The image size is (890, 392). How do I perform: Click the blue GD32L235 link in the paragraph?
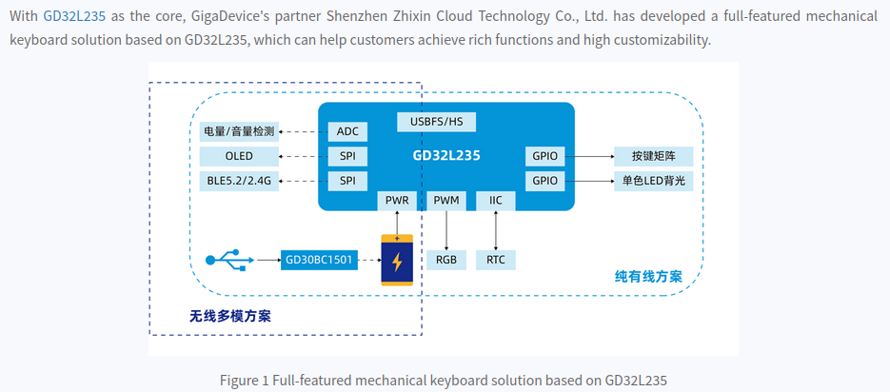point(74,15)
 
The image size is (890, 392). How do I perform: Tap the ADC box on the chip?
point(347,132)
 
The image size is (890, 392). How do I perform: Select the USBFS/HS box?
point(436,122)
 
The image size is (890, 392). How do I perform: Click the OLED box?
point(239,157)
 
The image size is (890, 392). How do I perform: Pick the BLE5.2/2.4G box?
point(239,182)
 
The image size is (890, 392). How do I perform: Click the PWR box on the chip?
point(397,200)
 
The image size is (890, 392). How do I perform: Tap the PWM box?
point(446,200)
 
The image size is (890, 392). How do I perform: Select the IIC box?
point(496,200)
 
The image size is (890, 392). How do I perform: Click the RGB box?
point(446,261)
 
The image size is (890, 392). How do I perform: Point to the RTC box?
point(496,261)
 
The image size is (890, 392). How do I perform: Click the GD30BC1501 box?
point(319,261)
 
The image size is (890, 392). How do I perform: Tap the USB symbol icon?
point(230,260)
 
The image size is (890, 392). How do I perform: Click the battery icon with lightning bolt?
point(397,260)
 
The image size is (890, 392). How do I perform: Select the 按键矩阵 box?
point(653,157)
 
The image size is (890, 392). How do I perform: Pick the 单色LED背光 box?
point(653,182)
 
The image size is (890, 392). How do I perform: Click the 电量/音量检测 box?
point(239,132)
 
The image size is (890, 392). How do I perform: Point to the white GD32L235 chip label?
point(446,155)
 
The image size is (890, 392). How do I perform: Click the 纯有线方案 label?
point(648,277)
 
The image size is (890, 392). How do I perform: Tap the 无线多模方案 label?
point(230,316)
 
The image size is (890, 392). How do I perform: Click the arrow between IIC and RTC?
point(496,230)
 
